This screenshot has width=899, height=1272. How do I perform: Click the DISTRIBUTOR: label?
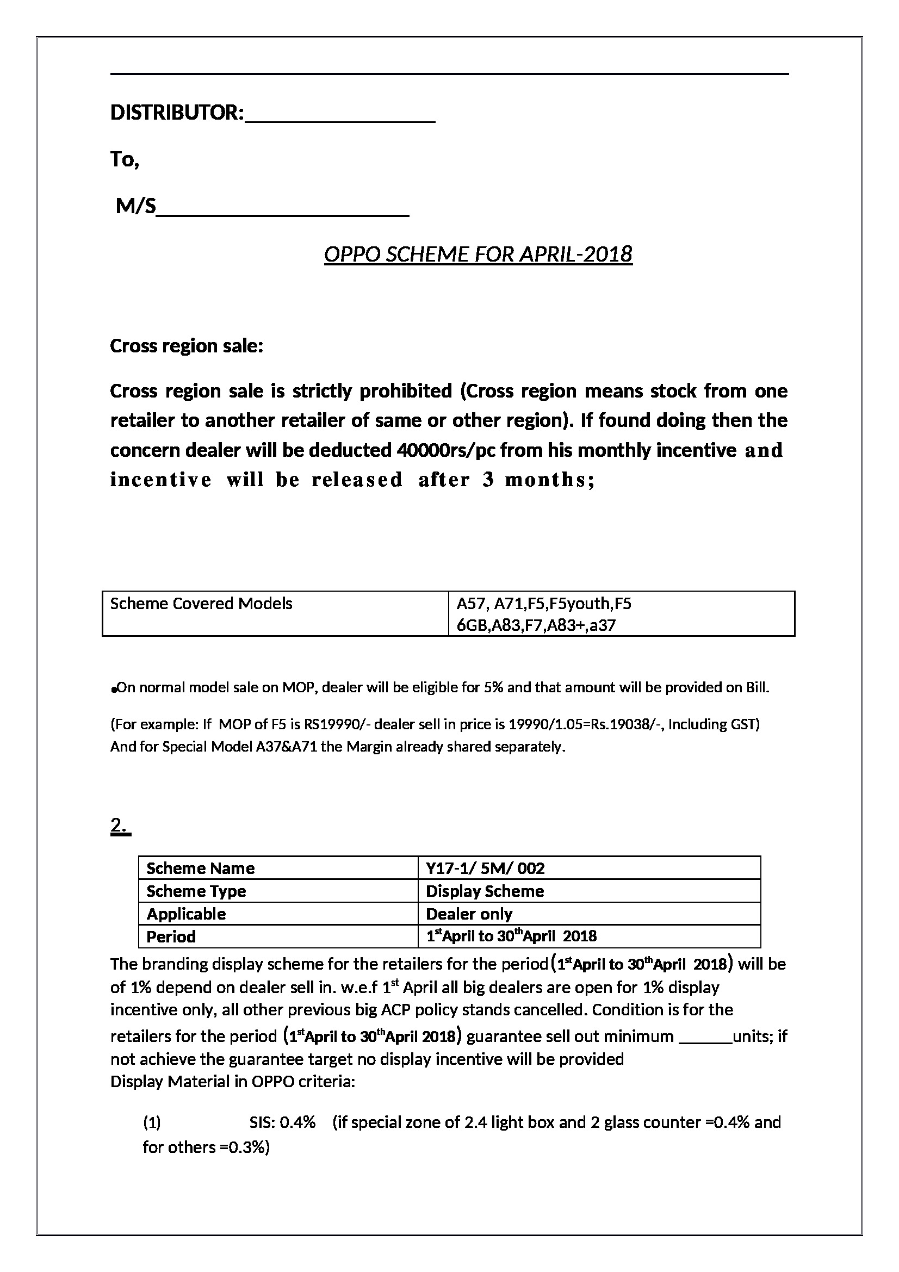click(177, 113)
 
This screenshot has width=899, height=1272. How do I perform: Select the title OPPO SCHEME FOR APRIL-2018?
click(478, 255)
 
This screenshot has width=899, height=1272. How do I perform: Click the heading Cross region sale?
click(186, 346)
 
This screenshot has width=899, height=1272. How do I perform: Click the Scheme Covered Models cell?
click(201, 603)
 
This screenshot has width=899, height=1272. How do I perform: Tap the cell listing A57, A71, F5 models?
click(543, 614)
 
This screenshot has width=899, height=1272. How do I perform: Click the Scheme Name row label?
click(201, 868)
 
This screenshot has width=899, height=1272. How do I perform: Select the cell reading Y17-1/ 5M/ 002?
click(485, 868)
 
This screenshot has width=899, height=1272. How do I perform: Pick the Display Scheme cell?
click(485, 891)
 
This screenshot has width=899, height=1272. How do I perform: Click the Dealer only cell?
click(469, 914)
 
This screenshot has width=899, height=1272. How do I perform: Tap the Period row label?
click(171, 936)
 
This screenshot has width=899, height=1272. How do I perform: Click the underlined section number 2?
click(120, 826)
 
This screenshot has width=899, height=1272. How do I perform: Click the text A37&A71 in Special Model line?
click(287, 747)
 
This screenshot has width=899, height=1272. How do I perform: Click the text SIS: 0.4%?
click(282, 1122)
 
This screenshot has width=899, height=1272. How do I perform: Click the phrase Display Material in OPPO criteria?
click(232, 1082)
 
